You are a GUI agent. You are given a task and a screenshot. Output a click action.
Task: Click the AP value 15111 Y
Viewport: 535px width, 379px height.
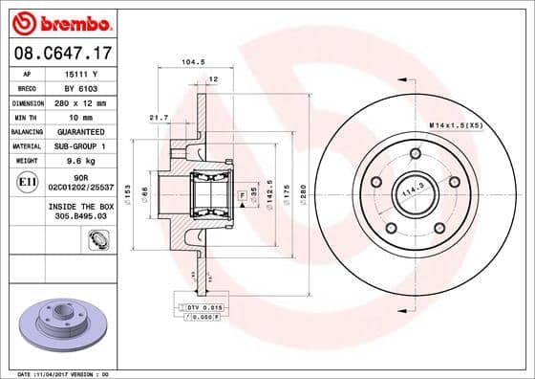pos(76,73)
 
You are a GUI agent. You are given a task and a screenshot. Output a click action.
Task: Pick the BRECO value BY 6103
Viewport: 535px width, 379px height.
pos(76,87)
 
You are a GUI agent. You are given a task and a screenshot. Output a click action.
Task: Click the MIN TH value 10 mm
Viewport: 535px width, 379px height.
pos(76,117)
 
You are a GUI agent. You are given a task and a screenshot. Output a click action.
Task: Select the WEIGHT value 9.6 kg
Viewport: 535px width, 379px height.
pos(76,161)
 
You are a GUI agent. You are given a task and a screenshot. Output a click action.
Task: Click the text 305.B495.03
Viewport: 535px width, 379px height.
pos(76,216)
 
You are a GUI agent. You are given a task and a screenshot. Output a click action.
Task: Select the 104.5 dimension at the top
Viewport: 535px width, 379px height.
pos(194,63)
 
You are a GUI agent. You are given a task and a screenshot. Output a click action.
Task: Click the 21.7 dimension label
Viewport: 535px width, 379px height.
pos(160,118)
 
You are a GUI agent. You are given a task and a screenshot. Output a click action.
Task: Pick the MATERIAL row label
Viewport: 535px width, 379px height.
pos(27,145)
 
